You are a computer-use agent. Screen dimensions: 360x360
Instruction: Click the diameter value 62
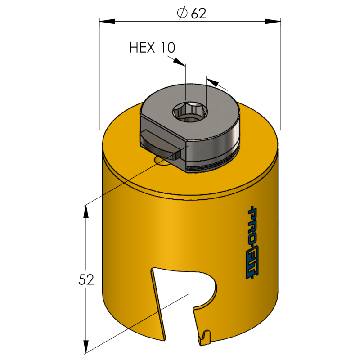pos(198,13)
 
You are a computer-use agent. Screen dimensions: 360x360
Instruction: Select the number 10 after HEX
pos(168,48)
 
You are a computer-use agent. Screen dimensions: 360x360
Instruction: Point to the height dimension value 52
pos(86,279)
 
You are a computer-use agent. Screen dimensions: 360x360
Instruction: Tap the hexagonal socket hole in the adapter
pos(190,111)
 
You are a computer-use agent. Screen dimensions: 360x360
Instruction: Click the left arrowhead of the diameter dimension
pos(107,21)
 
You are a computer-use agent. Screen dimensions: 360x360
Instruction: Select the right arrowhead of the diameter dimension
pos(273,21)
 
